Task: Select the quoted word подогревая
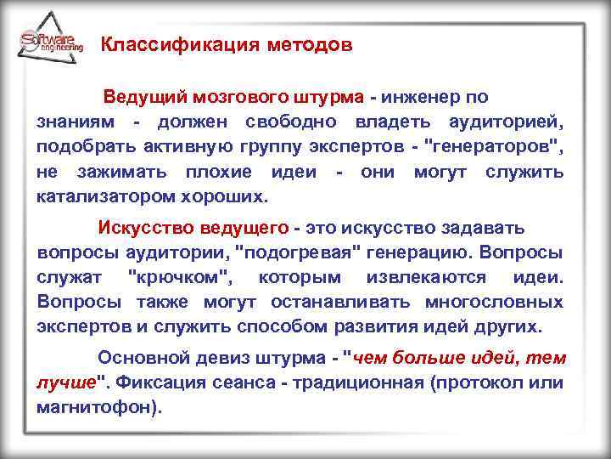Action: coord(303,252)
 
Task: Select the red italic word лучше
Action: coord(65,382)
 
